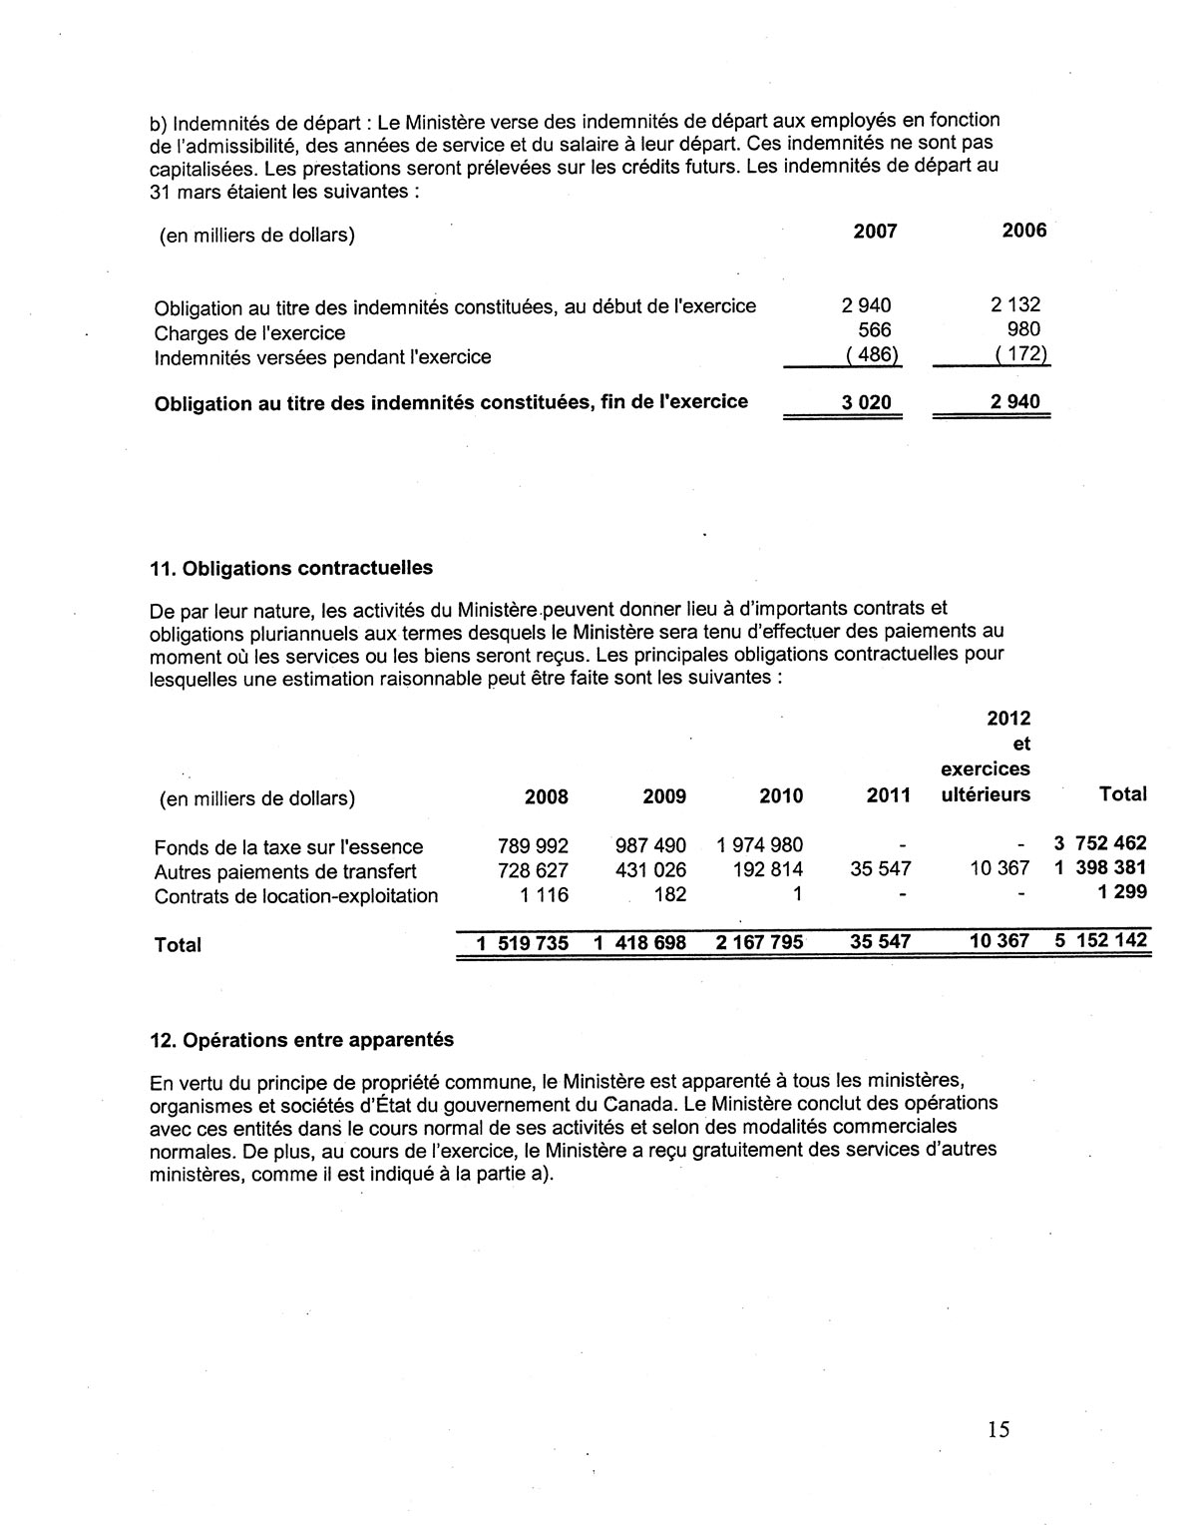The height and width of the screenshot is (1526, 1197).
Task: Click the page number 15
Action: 998,1429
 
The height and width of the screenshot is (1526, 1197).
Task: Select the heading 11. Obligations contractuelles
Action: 291,568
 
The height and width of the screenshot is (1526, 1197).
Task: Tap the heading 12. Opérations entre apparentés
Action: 301,1039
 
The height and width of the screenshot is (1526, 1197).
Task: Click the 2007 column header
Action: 875,232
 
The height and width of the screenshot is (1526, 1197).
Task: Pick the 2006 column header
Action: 1023,231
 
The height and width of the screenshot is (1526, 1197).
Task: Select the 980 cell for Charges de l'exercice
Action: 1022,329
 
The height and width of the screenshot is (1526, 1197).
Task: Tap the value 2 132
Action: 1014,305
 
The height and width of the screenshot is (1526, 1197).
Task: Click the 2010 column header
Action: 780,795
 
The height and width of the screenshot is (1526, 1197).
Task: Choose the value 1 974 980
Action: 759,845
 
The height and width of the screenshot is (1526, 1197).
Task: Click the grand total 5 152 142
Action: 1100,940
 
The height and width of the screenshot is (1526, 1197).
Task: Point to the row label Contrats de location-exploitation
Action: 296,895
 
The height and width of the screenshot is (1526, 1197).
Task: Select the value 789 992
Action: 533,846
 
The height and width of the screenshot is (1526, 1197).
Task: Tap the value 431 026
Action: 650,869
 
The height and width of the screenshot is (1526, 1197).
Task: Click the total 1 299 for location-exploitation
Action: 1122,892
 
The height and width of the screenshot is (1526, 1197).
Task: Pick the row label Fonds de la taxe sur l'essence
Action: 288,847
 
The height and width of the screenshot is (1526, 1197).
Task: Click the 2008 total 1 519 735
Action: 522,942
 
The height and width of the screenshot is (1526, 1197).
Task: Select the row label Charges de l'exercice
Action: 249,332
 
